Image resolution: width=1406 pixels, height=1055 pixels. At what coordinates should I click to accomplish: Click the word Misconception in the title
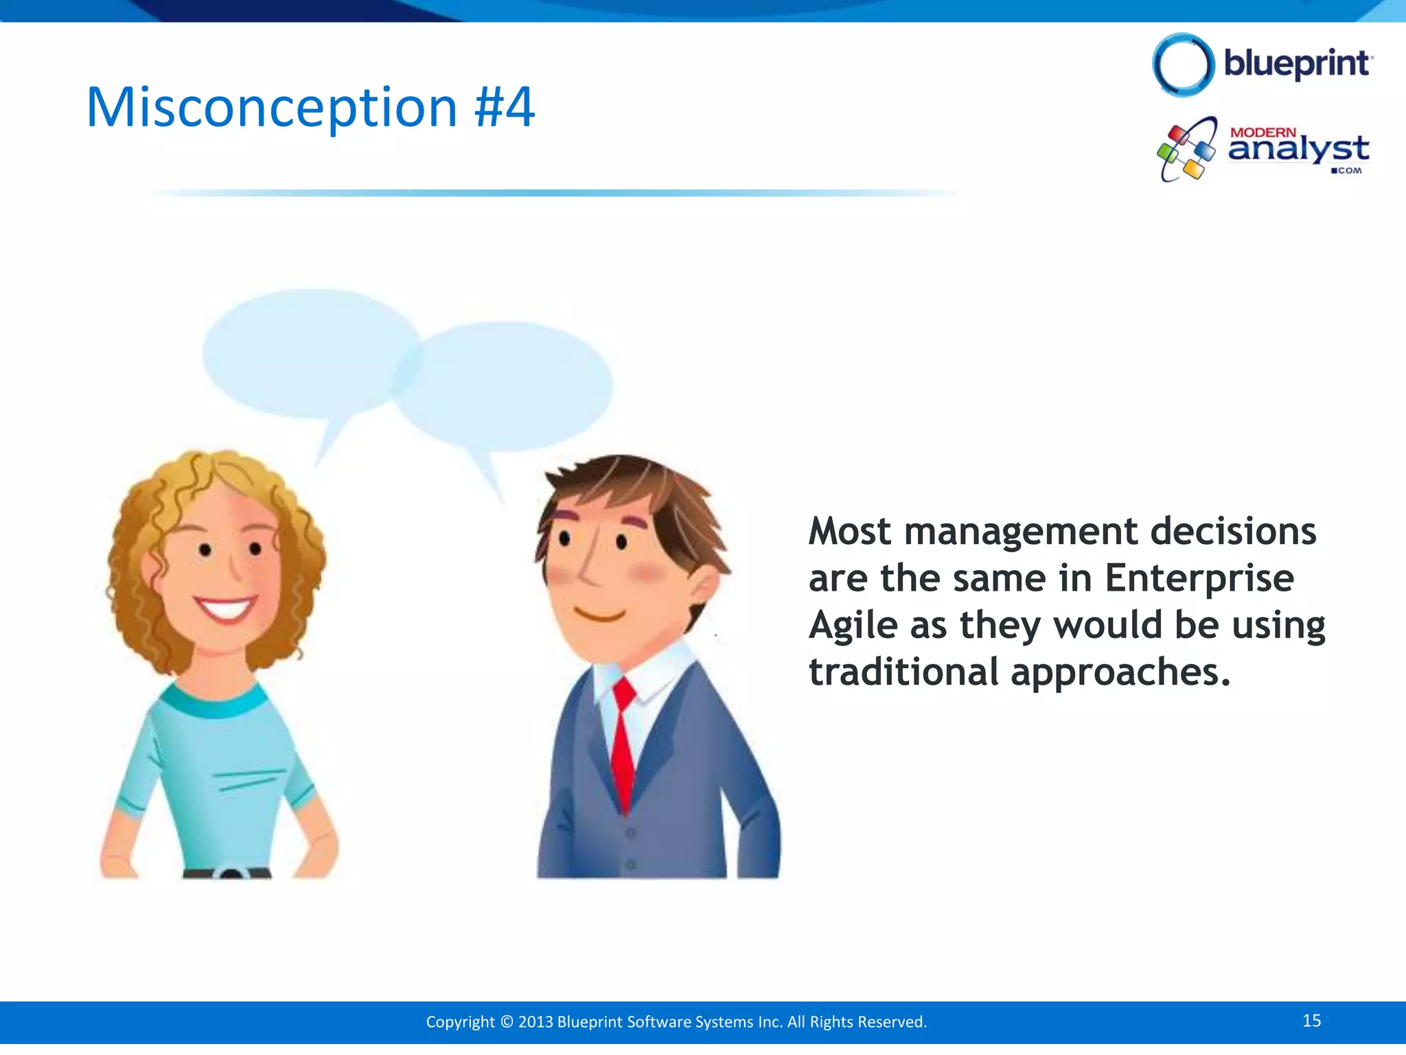tap(271, 108)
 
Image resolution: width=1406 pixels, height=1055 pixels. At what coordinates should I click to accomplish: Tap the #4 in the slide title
tap(505, 108)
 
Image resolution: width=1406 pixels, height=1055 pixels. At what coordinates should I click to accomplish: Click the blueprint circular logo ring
tap(1182, 65)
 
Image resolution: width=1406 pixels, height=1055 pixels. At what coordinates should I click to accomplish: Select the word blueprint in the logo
tap(1297, 64)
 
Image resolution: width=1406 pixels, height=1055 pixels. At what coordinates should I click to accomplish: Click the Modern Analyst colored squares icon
tap(1186, 150)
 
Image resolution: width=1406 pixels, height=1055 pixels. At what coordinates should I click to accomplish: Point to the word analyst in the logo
tap(1298, 149)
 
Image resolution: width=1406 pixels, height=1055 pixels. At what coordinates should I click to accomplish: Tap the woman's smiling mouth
tap(225, 608)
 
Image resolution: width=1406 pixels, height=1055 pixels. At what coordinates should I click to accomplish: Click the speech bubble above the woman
tap(309, 354)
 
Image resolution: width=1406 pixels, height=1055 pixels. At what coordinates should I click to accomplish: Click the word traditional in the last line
tap(903, 672)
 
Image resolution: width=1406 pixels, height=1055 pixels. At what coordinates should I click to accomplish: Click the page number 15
tap(1311, 1021)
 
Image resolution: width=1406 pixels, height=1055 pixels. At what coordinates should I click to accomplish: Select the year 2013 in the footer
tap(535, 1022)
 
